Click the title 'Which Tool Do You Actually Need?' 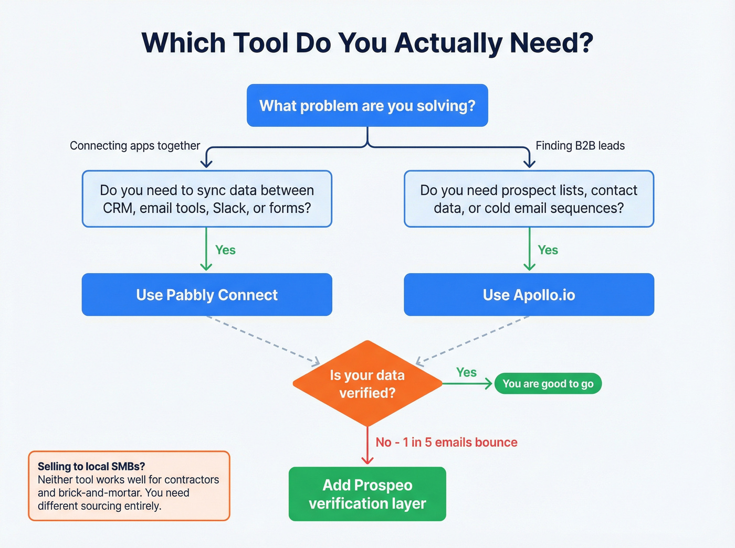pyautogui.click(x=367, y=43)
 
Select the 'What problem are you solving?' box pyautogui.click(x=367, y=105)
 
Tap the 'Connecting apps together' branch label pyautogui.click(x=135, y=146)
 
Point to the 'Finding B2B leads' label pyautogui.click(x=580, y=146)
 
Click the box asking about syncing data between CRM pyautogui.click(x=207, y=199)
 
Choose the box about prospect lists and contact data pyautogui.click(x=529, y=199)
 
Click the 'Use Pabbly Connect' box pyautogui.click(x=207, y=295)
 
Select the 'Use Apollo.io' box pyautogui.click(x=529, y=295)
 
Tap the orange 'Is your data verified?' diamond pyautogui.click(x=367, y=384)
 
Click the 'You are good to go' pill pyautogui.click(x=548, y=384)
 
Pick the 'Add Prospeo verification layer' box pyautogui.click(x=367, y=494)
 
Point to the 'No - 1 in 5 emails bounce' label pyautogui.click(x=446, y=443)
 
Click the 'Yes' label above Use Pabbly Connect pyautogui.click(x=225, y=250)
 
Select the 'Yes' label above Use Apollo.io pyautogui.click(x=548, y=250)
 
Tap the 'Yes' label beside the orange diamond pyautogui.click(x=466, y=372)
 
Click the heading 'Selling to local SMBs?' pyautogui.click(x=91, y=466)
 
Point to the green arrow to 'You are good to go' pyautogui.click(x=467, y=384)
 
